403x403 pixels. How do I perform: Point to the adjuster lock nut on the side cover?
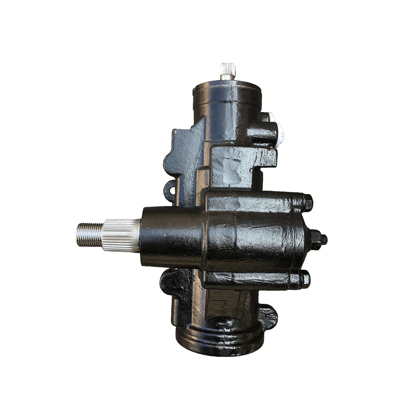click(x=316, y=240)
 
